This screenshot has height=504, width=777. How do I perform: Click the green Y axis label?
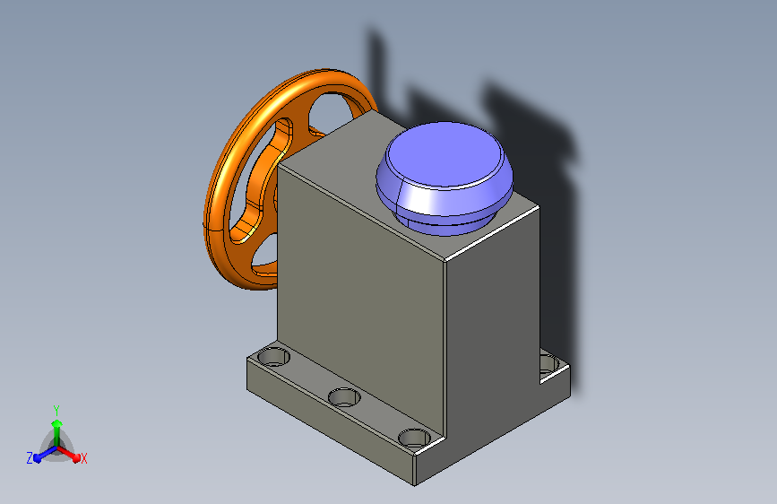tap(56, 410)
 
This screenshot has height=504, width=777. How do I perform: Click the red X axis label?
tap(83, 458)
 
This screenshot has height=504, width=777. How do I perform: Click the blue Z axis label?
tap(30, 458)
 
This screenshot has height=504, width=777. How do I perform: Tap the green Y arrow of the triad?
tap(57, 432)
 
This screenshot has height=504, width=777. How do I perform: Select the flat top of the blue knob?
tap(445, 153)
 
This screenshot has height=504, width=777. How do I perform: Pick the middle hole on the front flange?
tap(344, 397)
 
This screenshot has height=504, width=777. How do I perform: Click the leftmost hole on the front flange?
tap(274, 356)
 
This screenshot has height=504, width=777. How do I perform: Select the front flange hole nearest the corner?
tap(415, 439)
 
